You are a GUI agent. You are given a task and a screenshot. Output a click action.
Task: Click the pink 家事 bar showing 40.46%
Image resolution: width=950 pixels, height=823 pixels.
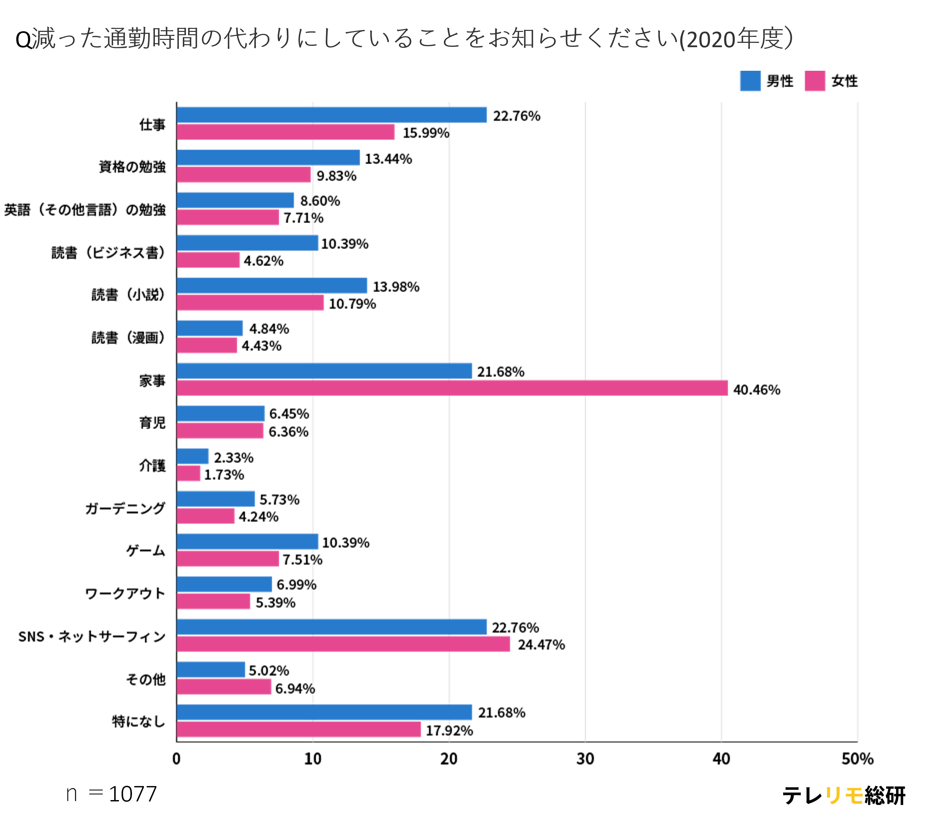point(452,388)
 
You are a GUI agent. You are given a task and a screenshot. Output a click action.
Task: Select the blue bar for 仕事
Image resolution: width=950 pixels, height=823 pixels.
point(332,115)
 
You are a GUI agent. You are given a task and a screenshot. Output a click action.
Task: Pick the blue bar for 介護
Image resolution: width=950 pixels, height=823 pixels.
point(192,456)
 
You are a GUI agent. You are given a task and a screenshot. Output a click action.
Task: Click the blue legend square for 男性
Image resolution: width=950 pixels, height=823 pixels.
point(750,81)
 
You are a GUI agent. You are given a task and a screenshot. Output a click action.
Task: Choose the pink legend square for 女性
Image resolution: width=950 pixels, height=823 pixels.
point(814,81)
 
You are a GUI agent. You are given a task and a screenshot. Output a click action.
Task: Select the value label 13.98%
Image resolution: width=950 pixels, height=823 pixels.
point(396,287)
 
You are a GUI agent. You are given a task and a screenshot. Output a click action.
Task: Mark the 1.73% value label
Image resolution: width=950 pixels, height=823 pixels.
point(224,474)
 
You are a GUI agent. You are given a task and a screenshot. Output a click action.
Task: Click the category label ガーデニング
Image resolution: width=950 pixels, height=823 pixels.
point(125,508)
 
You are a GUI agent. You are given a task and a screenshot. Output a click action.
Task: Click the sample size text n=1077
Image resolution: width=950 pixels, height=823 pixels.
point(112,794)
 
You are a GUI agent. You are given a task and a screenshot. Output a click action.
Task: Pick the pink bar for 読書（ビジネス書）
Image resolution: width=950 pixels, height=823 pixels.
point(208,260)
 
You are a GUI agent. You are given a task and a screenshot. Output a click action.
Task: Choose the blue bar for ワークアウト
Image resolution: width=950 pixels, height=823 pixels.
point(224,584)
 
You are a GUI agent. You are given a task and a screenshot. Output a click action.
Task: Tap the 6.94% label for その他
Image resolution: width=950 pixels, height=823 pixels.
point(295,688)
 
